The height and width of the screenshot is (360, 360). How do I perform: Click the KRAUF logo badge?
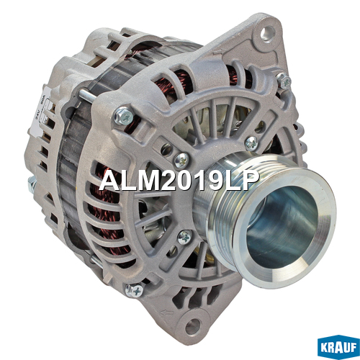pyautogui.click(x=338, y=346)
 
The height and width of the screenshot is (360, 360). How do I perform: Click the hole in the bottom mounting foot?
pyautogui.click(x=192, y=326)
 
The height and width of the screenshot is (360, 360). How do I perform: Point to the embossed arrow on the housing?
pyautogui.click(x=166, y=312)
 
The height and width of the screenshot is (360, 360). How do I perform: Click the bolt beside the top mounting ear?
pyautogui.click(x=284, y=81)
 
